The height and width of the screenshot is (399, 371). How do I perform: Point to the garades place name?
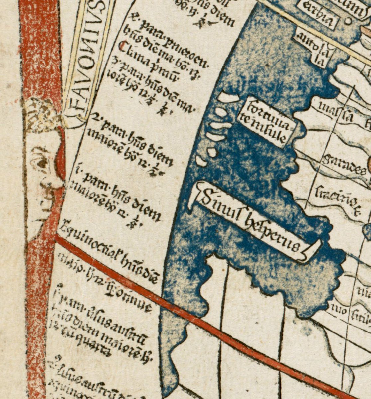click(x=344, y=164)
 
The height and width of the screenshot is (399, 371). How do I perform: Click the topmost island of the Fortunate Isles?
click(x=229, y=97)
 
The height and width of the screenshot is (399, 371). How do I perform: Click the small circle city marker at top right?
click(x=348, y=21)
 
